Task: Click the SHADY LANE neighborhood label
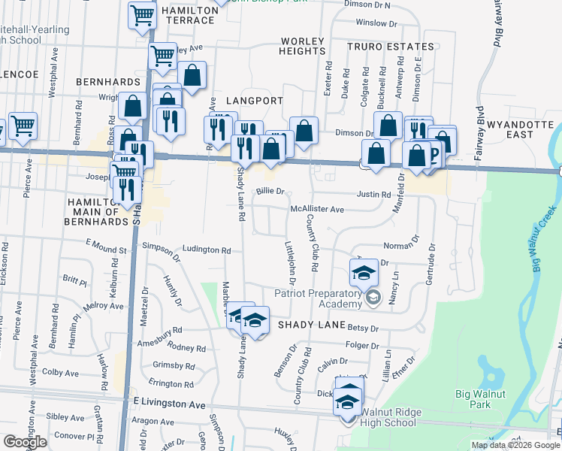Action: (311, 325)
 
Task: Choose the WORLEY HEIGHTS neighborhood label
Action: (301, 46)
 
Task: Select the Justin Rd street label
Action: (374, 194)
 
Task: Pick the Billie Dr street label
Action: (270, 192)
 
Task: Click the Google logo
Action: (25, 442)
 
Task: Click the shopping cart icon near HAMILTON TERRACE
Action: (142, 15)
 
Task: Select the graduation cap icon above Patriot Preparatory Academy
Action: (364, 271)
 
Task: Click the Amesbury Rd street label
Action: (160, 330)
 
